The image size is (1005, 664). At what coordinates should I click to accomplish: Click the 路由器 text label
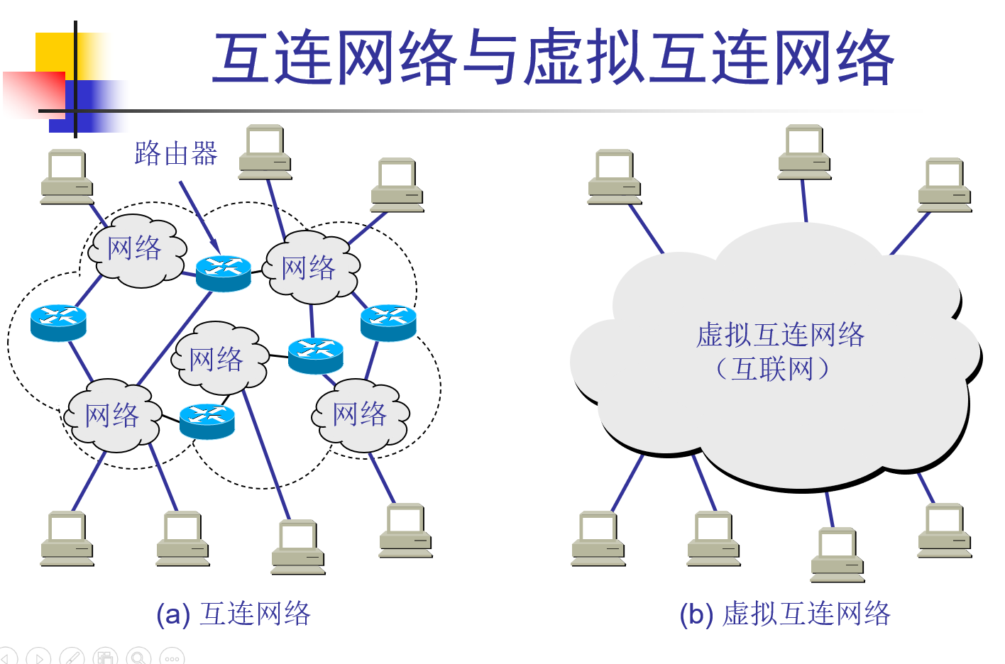coord(175,153)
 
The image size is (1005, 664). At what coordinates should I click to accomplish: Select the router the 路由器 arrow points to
coord(223,273)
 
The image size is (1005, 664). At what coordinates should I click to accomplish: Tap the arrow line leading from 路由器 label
coord(197,213)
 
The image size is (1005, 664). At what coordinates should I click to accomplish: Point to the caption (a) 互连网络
coord(234,614)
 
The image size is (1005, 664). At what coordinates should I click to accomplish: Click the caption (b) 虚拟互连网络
coord(784,614)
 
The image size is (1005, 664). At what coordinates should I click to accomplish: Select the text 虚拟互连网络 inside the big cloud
coord(780,335)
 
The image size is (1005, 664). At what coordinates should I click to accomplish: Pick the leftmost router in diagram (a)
coord(58,323)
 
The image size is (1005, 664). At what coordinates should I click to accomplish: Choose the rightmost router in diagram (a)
coord(388,323)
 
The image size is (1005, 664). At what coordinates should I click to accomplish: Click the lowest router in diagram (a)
coord(207,421)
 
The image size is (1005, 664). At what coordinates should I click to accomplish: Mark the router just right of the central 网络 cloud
coord(316,355)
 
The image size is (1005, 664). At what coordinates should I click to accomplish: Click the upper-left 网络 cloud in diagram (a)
coord(136,250)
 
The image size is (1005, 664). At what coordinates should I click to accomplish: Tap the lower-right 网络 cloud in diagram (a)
coord(361,415)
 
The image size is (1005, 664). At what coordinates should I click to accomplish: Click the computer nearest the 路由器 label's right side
coord(265,151)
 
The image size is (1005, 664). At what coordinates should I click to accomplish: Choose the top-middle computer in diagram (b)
coord(804,151)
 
